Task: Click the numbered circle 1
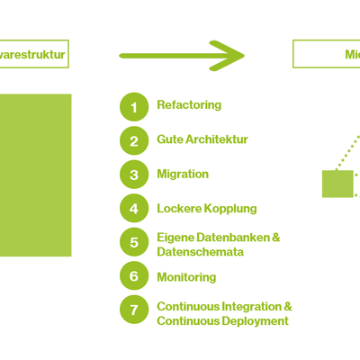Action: coord(134,106)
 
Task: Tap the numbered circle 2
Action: coord(134,140)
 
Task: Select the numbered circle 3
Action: coord(134,175)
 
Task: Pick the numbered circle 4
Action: coord(134,209)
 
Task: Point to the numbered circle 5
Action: coord(134,243)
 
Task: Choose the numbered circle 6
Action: coord(134,277)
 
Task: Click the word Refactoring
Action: coord(189,105)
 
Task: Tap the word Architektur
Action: coord(215,139)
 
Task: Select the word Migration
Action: coord(183,174)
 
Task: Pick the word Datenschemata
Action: coord(200,252)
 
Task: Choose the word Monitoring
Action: coord(186,276)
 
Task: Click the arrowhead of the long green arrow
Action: coord(234,56)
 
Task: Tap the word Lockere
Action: coord(179,208)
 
